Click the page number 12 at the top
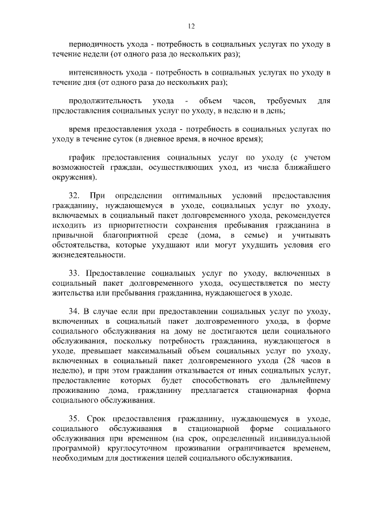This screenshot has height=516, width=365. (192, 25)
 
